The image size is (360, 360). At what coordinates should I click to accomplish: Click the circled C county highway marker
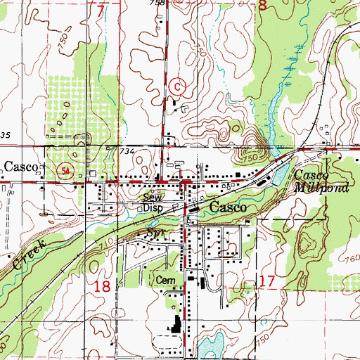(178, 86)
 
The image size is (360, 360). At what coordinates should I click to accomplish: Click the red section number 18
(103, 285)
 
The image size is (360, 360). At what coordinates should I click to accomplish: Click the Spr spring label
(154, 231)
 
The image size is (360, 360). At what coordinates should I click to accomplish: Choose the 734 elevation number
(126, 152)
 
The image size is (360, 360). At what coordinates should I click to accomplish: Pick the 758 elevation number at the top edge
(157, 4)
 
